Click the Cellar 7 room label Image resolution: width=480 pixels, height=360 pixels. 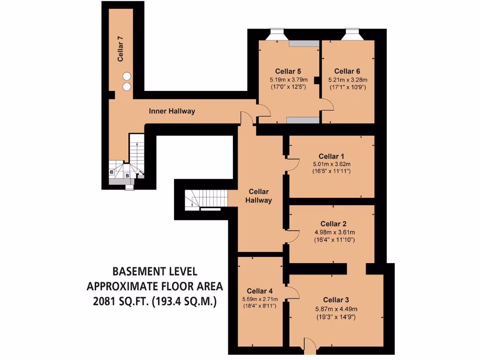click(120, 52)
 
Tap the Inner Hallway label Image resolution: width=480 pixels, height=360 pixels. click(172, 111)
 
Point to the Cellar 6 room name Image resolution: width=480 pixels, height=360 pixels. click(347, 71)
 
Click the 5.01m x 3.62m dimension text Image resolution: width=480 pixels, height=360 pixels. click(331, 164)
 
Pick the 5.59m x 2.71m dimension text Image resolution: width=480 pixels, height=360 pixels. click(260, 299)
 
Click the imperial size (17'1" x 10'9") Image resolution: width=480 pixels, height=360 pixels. click(347, 87)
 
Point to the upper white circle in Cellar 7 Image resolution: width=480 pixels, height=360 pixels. click(127, 76)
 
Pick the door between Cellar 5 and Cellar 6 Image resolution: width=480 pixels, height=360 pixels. click(327, 106)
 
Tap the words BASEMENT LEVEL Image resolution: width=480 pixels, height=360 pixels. click(155, 271)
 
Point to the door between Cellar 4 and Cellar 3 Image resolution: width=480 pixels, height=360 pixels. click(292, 292)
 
